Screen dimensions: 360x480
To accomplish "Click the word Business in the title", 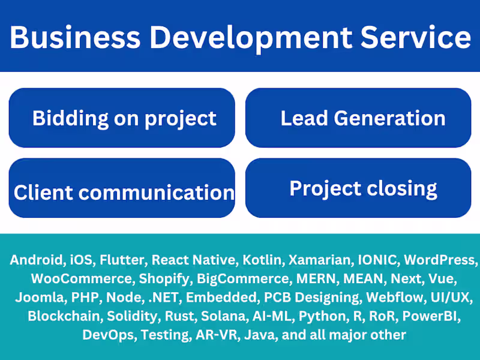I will pyautogui.click(x=74, y=37).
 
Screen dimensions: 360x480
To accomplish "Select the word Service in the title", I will pyautogui.click(x=415, y=37).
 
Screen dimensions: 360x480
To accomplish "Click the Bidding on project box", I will pyautogui.click(x=122, y=118).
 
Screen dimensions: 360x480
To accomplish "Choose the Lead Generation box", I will pyautogui.click(x=358, y=118).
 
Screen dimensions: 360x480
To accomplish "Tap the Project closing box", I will pyautogui.click(x=358, y=188).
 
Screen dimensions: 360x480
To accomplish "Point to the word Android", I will pyautogui.click(x=37, y=260).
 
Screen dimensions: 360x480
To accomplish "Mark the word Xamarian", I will pyautogui.click(x=319, y=260).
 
